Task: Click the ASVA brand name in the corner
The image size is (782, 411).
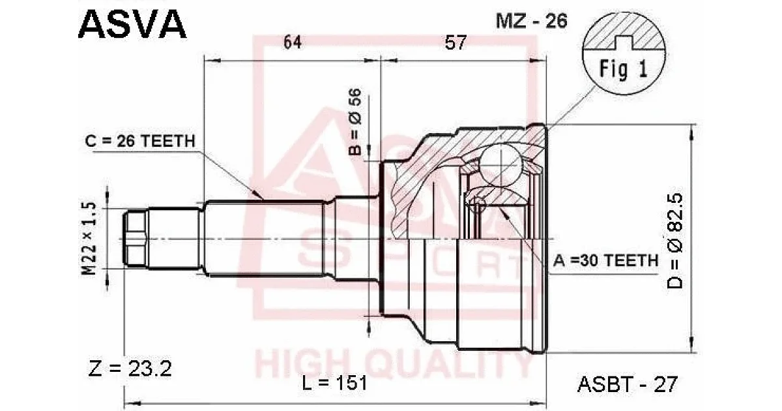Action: pos(132,24)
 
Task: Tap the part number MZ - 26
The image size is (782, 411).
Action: pos(532,21)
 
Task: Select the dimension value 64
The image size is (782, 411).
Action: pos(292,42)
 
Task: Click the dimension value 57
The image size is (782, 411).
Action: pos(456,42)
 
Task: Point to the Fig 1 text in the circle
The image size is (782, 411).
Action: pos(624,68)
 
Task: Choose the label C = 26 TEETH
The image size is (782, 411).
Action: pos(140,141)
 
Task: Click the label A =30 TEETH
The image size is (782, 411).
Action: pos(605,260)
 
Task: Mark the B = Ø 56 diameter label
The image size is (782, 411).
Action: pos(355,121)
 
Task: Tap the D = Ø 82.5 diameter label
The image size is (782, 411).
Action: pos(674,241)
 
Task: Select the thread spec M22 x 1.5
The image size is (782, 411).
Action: pos(89,239)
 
